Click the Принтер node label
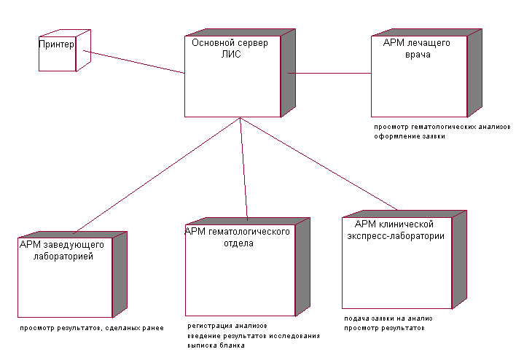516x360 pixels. tap(55, 45)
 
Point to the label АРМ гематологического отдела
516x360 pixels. tap(238, 237)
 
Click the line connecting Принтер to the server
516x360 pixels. tap(134, 61)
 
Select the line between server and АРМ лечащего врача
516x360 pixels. tap(329, 73)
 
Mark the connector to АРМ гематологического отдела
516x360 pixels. tap(243, 168)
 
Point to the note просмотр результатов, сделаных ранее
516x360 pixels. tap(92, 328)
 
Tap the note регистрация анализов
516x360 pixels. tap(227, 326)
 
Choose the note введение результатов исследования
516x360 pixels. tap(253, 335)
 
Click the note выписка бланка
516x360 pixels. tap(216, 345)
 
